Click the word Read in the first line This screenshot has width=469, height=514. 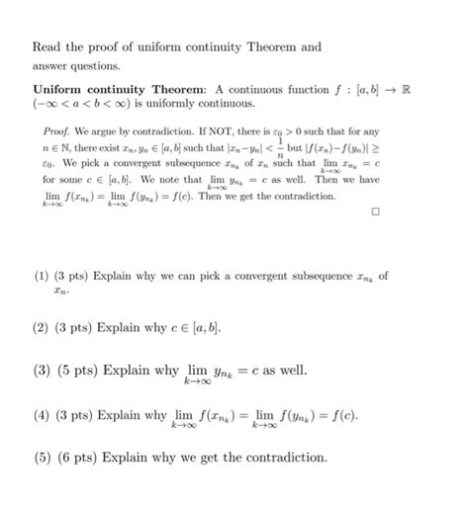[47, 46]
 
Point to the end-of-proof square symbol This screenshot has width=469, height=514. [375, 211]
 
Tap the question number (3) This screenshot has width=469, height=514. [43, 371]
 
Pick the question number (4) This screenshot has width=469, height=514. [43, 415]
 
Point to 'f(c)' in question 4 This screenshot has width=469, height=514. [340, 415]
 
